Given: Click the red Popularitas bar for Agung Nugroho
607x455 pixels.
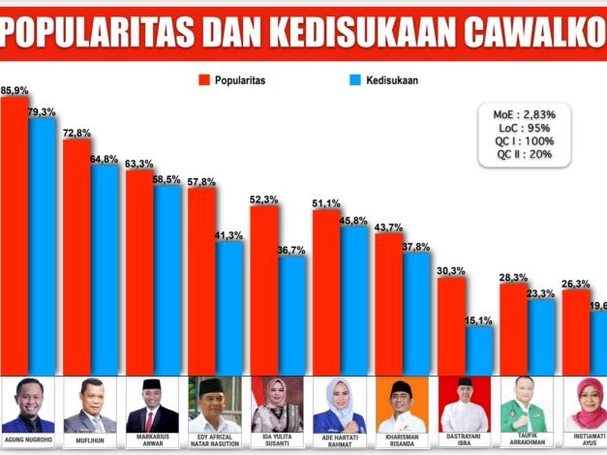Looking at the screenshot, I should [x=14, y=232].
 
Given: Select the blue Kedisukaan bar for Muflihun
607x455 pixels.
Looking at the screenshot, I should [x=104, y=266].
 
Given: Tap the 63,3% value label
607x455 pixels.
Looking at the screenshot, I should [x=139, y=164].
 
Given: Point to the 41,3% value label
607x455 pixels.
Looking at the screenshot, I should [x=228, y=235].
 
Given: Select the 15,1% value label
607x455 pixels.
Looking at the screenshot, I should [x=479, y=319].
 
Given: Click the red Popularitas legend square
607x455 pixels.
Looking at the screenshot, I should [x=204, y=80].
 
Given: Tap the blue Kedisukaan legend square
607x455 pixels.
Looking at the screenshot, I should [x=352, y=80].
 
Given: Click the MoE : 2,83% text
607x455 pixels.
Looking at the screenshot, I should [x=525, y=114].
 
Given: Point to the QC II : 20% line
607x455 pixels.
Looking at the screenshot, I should [x=525, y=154].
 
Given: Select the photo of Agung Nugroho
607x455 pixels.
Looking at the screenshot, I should [x=29, y=405].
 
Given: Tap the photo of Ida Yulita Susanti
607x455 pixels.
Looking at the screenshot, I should [x=277, y=405].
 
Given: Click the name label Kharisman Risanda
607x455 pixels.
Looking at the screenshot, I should [x=402, y=441].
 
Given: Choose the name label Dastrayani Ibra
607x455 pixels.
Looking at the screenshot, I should [x=464, y=441].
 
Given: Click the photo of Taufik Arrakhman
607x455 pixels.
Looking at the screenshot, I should [x=525, y=405].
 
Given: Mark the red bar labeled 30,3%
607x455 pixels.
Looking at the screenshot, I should [x=451, y=324].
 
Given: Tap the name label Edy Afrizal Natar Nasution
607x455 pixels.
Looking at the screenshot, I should [x=215, y=441].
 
